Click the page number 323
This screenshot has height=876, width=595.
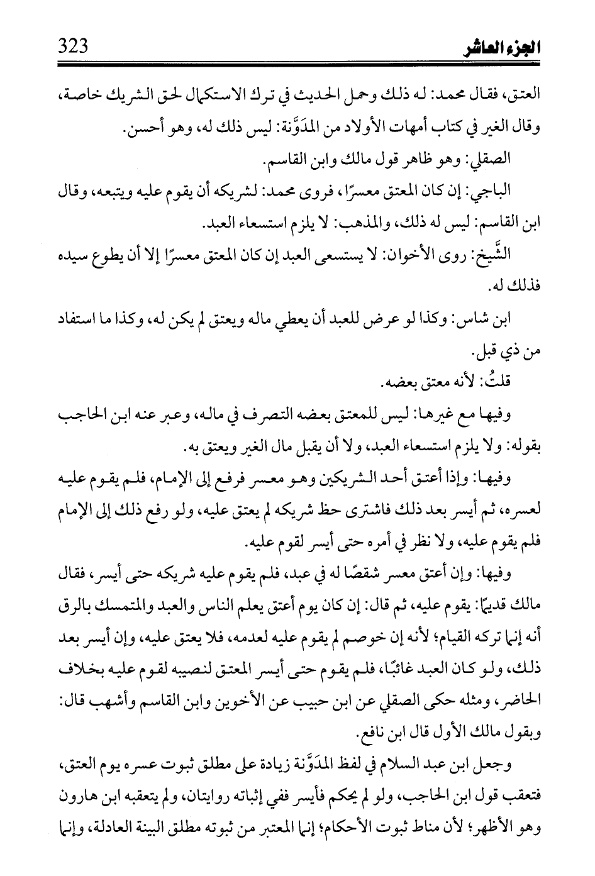coord(72,46)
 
